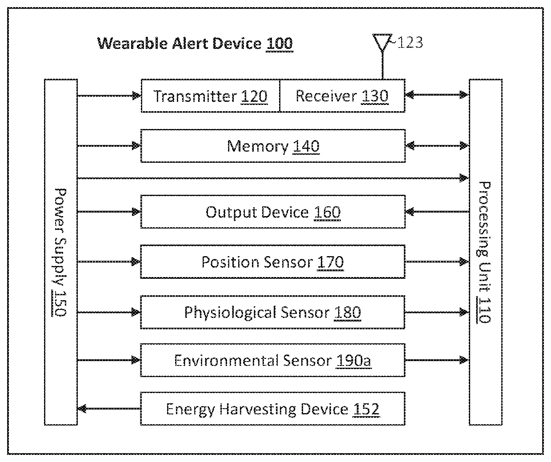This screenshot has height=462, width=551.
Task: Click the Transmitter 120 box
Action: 210,96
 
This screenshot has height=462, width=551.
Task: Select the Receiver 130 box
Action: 342,96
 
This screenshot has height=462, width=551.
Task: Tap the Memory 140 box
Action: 273,146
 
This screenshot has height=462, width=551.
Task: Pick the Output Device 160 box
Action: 273,212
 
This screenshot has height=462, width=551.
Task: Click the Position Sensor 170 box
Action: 273,262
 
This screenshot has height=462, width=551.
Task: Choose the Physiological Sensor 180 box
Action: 273,313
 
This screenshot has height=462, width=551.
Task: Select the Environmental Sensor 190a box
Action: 273,360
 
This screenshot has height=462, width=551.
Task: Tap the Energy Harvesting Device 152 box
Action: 273,409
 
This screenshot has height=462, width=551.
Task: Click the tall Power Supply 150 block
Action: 61,252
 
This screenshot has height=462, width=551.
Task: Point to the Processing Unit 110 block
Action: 486,252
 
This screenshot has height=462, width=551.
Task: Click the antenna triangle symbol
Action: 382,42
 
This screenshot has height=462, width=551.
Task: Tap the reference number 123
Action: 409,43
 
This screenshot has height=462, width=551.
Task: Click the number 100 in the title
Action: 279,44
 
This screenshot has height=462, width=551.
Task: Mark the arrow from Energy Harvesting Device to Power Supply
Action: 109,409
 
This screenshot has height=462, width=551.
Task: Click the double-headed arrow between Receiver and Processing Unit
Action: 437,95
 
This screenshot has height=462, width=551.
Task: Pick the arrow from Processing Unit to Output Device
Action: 437,212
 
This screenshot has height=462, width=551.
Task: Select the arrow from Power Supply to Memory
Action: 109,145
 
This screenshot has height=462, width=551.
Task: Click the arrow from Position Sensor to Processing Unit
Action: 437,262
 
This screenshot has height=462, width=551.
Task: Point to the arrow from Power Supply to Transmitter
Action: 109,96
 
